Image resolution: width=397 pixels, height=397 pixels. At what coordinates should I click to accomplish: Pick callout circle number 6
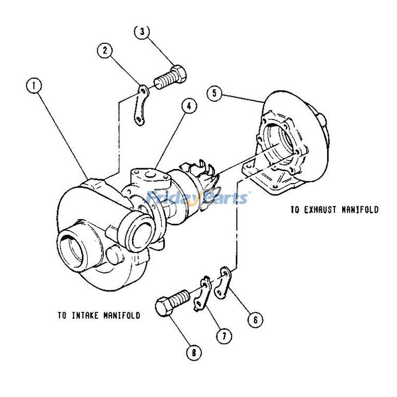255,320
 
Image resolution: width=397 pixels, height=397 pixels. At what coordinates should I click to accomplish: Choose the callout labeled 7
224,336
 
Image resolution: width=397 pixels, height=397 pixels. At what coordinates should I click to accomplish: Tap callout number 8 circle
194,353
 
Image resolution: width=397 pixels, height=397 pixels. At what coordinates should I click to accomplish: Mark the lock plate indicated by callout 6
223,282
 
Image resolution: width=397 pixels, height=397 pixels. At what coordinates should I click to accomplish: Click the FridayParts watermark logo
198,198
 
